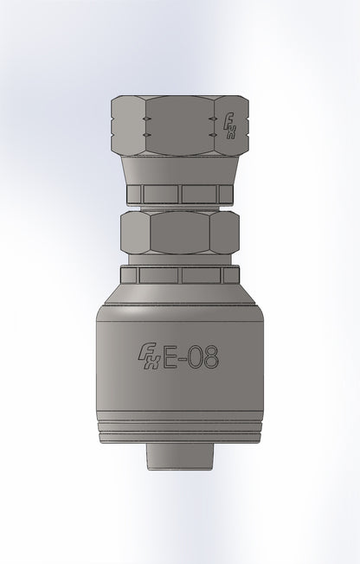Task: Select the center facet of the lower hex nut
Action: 179,231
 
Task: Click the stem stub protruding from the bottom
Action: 180,453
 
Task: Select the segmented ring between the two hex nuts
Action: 179,194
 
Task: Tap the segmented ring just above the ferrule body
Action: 179,276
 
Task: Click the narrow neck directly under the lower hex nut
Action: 179,260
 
